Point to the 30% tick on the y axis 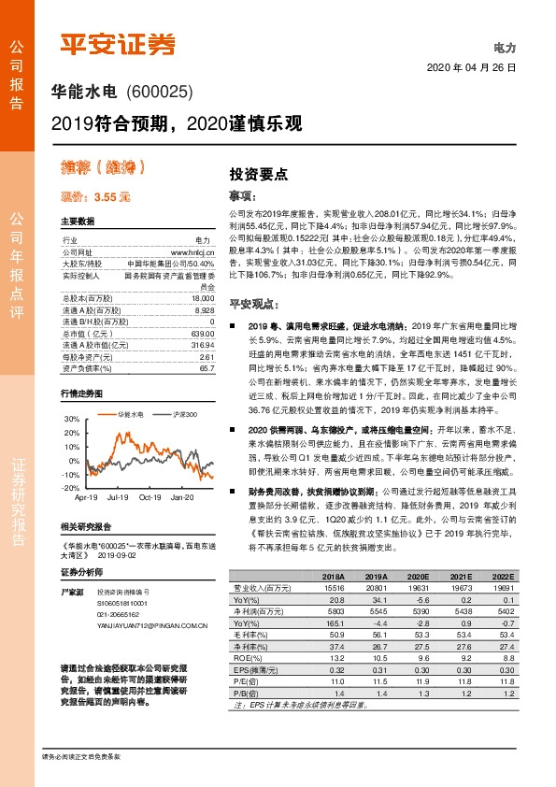pos(72,420)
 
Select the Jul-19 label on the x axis pos(119,497)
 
